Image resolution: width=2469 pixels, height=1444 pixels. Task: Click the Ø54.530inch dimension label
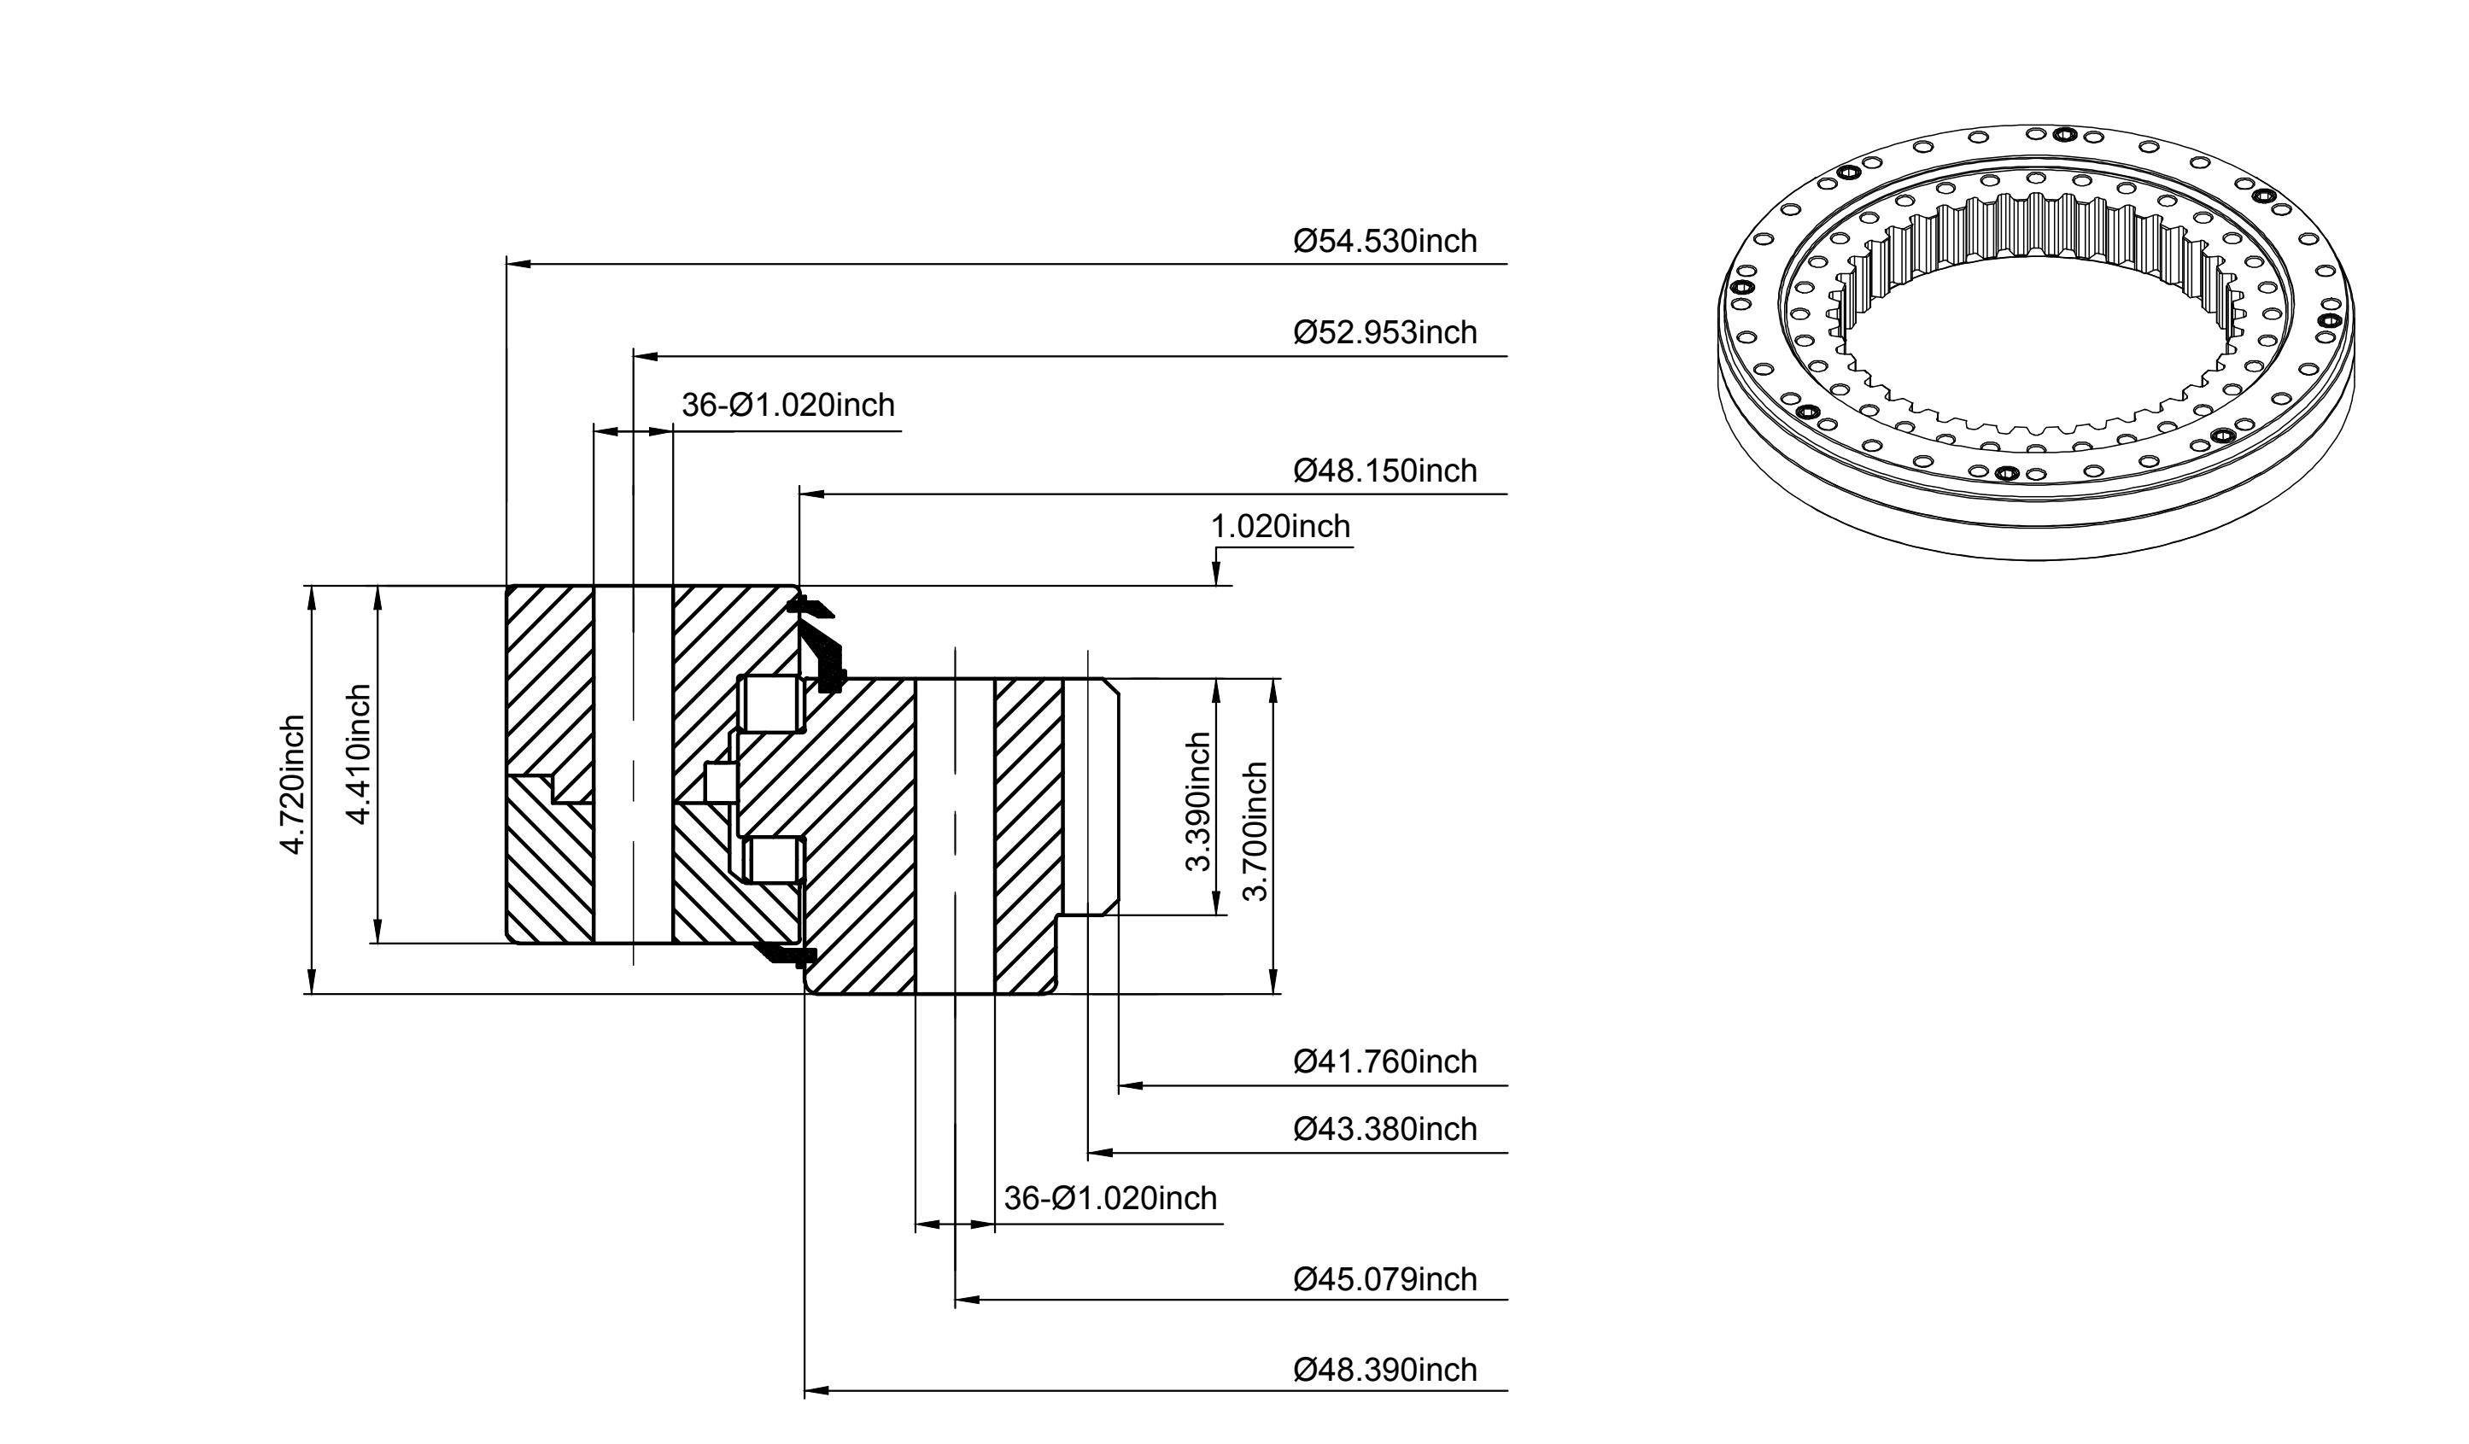pyautogui.click(x=1384, y=241)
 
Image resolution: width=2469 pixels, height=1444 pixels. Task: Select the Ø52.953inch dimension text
pyautogui.click(x=1384, y=333)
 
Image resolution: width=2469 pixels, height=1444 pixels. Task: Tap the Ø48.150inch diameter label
pyautogui.click(x=1384, y=471)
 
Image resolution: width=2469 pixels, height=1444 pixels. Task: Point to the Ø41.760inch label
pyautogui.click(x=1384, y=1062)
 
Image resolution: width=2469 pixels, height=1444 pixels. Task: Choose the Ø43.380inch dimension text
pyautogui.click(x=1384, y=1130)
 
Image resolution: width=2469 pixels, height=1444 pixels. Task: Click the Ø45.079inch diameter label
pyautogui.click(x=1384, y=1279)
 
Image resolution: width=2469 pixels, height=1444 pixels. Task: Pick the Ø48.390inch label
pyautogui.click(x=1384, y=1370)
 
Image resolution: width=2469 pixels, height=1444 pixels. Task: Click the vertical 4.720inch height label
pyautogui.click(x=294, y=785)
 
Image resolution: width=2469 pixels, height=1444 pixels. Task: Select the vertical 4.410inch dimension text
pyautogui.click(x=359, y=754)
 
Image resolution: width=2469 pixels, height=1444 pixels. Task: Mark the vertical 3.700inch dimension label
pyautogui.click(x=1255, y=832)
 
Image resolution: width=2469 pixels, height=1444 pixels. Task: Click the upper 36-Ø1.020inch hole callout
pyautogui.click(x=787, y=406)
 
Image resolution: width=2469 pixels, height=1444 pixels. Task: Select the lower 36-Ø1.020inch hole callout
pyautogui.click(x=1110, y=1199)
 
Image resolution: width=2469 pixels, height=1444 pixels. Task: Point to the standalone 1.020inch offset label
pyautogui.click(x=1280, y=527)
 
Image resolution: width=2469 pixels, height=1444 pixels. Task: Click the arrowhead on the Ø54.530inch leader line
pyautogui.click(x=518, y=265)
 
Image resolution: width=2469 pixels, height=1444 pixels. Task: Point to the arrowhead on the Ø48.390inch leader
pyautogui.click(x=816, y=1391)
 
